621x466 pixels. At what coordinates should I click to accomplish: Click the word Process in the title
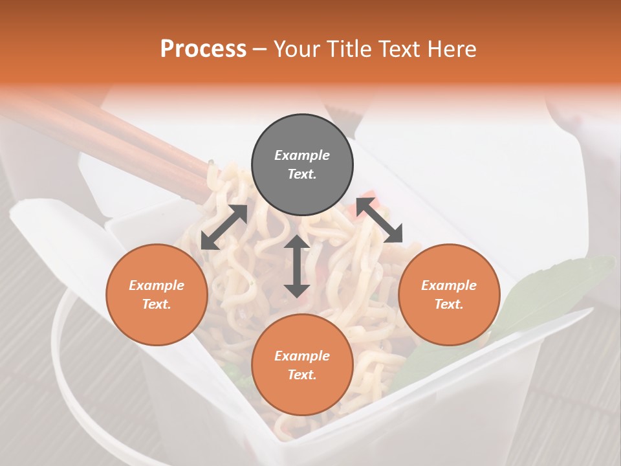(203, 49)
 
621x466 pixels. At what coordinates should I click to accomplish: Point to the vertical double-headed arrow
(297, 266)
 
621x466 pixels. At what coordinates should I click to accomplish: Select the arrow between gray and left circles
(224, 227)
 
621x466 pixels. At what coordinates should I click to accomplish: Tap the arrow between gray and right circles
(379, 220)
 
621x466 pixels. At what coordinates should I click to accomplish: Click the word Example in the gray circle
(302, 155)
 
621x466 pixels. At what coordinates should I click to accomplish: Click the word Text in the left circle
(157, 304)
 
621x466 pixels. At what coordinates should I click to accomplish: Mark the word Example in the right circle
(449, 285)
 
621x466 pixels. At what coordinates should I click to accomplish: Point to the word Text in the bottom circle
(302, 375)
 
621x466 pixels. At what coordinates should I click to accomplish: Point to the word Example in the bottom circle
(302, 356)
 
